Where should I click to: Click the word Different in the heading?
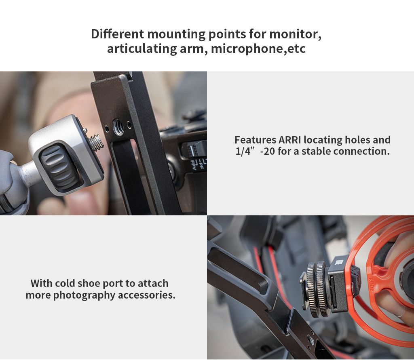[x=118, y=34]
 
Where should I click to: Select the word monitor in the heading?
[x=295, y=34]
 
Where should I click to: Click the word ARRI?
[x=290, y=140]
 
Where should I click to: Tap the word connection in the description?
[x=361, y=151]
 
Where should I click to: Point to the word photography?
[x=84, y=295]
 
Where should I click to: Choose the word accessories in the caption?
[x=146, y=295]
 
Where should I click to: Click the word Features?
[x=256, y=140]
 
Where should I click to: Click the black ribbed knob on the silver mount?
[x=59, y=167]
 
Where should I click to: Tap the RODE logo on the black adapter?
[x=338, y=262]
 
